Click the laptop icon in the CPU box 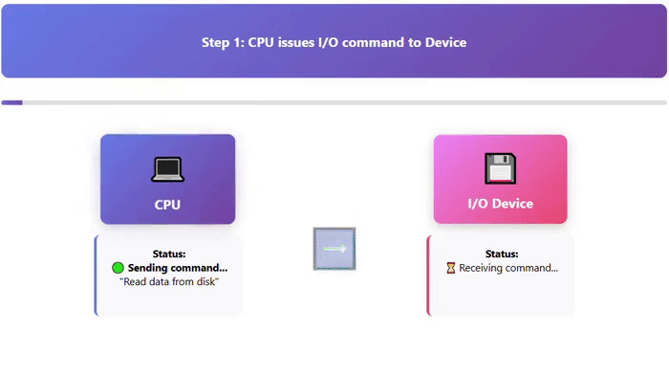pos(167,169)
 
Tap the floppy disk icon pos(500,168)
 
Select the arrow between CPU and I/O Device pos(334,249)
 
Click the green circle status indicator pos(119,268)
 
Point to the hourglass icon pos(451,268)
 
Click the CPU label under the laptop pos(167,205)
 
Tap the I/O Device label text pos(500,204)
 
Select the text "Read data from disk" pos(169,282)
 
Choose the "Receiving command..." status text pos(508,268)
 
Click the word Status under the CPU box pos(169,254)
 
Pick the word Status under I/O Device pos(502,254)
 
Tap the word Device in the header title pos(443,42)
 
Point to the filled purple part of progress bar pos(11,102)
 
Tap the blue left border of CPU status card pos(96,276)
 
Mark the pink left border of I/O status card pos(428,276)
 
